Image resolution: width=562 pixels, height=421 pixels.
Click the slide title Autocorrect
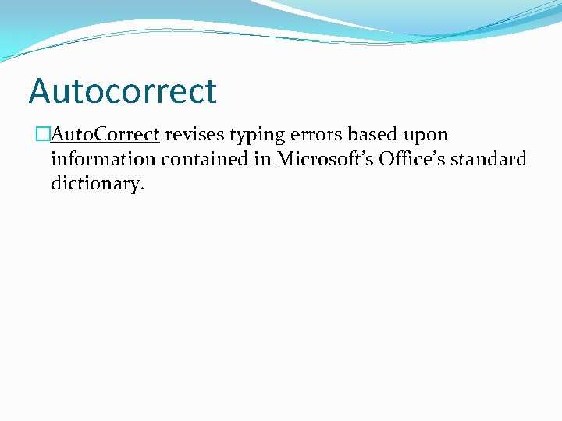tap(123, 91)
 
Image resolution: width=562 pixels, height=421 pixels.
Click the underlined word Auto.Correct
tap(105, 134)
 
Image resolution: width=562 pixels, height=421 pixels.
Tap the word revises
tap(194, 134)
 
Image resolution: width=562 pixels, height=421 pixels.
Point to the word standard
tap(489, 159)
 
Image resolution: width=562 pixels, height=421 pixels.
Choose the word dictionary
tap(95, 185)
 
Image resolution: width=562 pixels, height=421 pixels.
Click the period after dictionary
tap(143, 189)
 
